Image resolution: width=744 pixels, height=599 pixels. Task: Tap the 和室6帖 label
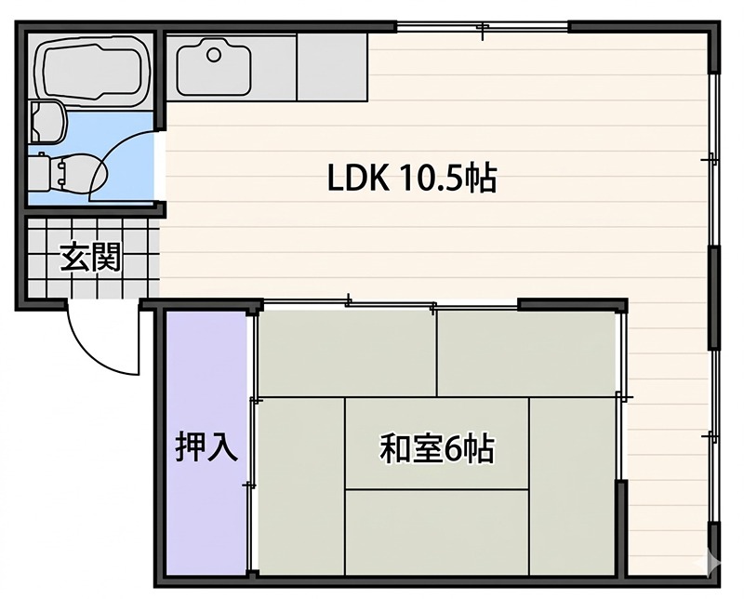[x=437, y=448]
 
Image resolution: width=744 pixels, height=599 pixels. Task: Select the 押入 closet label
[x=206, y=446]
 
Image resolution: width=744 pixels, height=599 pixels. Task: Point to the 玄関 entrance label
[x=91, y=257]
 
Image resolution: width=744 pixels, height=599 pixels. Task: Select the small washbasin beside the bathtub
[x=47, y=122]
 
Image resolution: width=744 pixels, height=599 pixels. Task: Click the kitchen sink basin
[x=214, y=67]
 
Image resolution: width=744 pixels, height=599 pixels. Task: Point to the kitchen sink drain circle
[x=214, y=55]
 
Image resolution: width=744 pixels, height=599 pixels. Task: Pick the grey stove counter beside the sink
[x=332, y=67]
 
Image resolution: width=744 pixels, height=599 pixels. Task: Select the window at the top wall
[x=482, y=27]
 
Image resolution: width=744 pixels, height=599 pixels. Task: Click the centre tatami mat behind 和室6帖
[x=437, y=444]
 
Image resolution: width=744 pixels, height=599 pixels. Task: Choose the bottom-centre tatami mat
[x=437, y=533]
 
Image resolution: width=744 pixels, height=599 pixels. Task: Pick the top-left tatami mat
[x=347, y=353]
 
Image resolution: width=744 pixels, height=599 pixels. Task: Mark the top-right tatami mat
[x=525, y=353]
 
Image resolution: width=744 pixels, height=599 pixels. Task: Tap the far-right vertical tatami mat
[x=572, y=486]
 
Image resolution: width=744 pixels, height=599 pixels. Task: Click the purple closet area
[x=206, y=443]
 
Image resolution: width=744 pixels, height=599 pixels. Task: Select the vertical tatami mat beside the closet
[x=301, y=486]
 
